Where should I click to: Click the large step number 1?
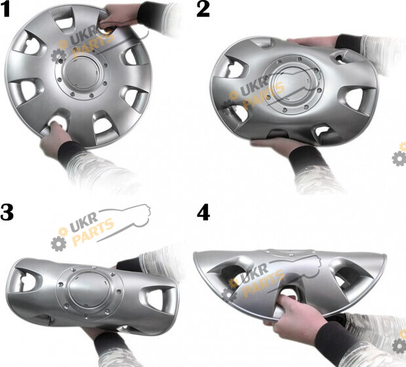pos(5,10)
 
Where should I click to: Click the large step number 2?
pos(203,10)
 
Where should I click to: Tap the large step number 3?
pos(7,213)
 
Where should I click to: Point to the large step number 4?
pos(203,213)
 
